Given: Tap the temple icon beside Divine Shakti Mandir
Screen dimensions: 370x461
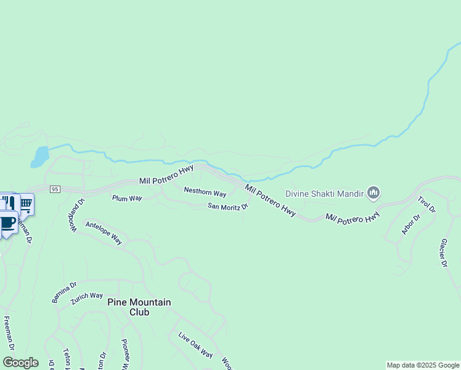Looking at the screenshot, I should pyautogui.click(x=373, y=194).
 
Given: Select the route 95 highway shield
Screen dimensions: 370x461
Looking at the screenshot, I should pyautogui.click(x=55, y=189).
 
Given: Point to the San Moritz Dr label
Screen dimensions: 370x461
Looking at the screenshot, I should pyautogui.click(x=227, y=206).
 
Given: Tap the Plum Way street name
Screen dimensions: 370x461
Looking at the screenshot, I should pyautogui.click(x=127, y=198).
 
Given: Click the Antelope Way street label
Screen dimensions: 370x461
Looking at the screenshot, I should pyautogui.click(x=104, y=233).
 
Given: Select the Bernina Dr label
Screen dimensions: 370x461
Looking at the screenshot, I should pyautogui.click(x=64, y=292).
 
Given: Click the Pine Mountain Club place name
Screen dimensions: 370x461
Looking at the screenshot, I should pyautogui.click(x=139, y=307).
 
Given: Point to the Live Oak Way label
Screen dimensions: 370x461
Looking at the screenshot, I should pyautogui.click(x=195, y=345).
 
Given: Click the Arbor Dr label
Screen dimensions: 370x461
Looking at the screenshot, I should pyautogui.click(x=410, y=224).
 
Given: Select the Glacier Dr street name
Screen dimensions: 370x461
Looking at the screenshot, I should pyautogui.click(x=443, y=253).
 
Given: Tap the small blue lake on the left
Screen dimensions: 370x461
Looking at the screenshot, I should pyautogui.click(x=40, y=157).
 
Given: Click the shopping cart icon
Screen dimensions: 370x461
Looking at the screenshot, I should pyautogui.click(x=26, y=204).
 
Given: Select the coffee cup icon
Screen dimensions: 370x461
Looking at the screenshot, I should pyautogui.click(x=7, y=223).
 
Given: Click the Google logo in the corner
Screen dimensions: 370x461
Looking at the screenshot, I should pyautogui.click(x=20, y=363).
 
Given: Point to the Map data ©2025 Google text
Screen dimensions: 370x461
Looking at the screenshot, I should pyautogui.click(x=423, y=365).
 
